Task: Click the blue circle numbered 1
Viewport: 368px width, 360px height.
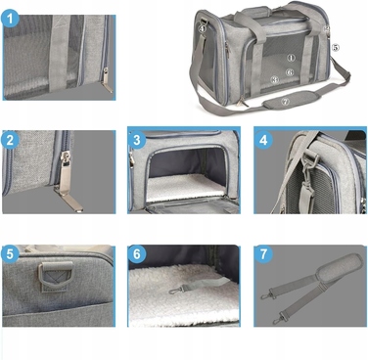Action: point(10,19)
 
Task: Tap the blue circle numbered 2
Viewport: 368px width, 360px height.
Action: point(10,140)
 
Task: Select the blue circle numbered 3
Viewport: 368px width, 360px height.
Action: point(137,140)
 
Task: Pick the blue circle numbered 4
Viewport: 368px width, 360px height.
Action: point(263,140)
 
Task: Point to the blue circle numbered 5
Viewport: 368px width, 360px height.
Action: point(10,254)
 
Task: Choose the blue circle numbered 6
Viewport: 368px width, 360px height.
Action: point(137,254)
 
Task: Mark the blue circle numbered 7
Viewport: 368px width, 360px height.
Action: point(263,254)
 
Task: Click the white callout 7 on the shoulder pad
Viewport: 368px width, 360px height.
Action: point(286,102)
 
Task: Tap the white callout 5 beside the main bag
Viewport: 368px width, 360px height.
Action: point(336,48)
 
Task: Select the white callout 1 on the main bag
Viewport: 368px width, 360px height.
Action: point(291,58)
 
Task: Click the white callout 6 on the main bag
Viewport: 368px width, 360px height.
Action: point(290,72)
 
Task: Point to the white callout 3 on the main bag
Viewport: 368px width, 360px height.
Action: point(275,79)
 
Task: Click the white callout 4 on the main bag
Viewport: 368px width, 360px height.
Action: point(203,28)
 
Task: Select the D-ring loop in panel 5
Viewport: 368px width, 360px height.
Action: point(56,276)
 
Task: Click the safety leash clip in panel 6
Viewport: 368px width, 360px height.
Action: point(177,290)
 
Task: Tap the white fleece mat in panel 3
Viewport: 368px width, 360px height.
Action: point(186,187)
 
